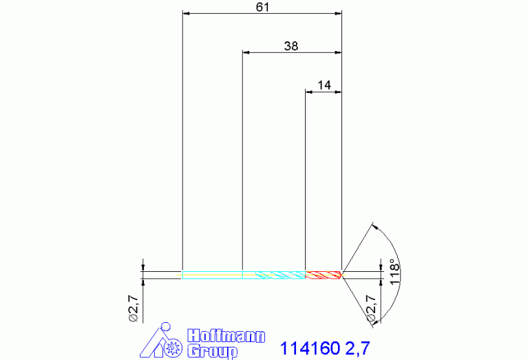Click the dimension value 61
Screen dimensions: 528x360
(263, 7)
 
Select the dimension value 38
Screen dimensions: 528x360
(291, 46)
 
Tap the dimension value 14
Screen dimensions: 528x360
(324, 85)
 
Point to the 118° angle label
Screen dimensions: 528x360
(394, 272)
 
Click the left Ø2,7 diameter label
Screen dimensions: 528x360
(134, 308)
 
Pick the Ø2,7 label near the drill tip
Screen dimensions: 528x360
(371, 308)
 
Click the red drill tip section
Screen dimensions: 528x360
(324, 275)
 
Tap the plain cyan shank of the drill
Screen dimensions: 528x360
(212, 275)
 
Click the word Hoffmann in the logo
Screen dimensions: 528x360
(226, 337)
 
